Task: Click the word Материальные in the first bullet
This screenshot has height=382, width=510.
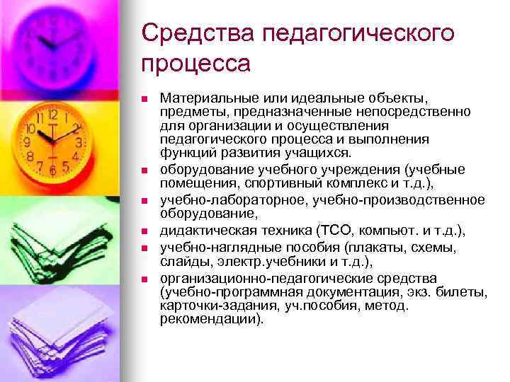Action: (x=202, y=95)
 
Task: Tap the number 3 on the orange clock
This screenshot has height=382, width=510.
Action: (x=77, y=142)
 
